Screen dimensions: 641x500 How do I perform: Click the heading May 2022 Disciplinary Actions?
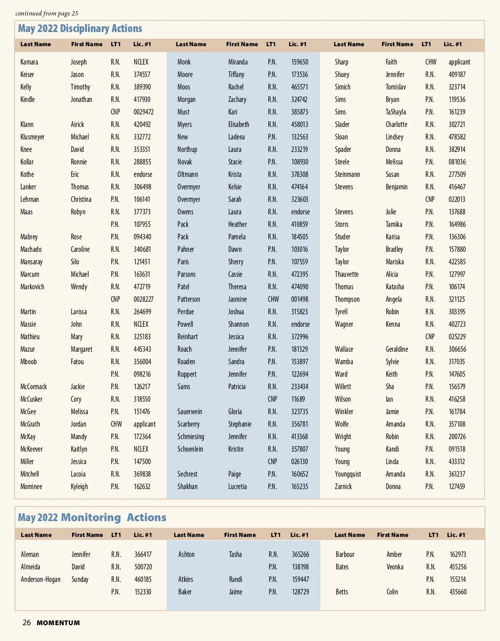pyautogui.click(x=80, y=29)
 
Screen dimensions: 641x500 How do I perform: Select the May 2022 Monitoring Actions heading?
pyautogui.click(x=92, y=517)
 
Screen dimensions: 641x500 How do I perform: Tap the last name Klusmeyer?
pyautogui.click(x=32, y=137)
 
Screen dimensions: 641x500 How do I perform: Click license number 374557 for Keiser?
pyautogui.click(x=142, y=75)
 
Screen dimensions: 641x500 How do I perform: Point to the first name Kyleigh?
pyautogui.click(x=79, y=487)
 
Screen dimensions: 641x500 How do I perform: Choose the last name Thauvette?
pyautogui.click(x=347, y=274)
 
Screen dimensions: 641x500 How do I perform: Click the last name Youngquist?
pyautogui.click(x=348, y=474)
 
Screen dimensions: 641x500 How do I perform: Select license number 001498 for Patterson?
pyautogui.click(x=300, y=299)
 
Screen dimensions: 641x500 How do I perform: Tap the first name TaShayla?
pyautogui.click(x=396, y=112)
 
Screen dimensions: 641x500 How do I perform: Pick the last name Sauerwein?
pyautogui.click(x=190, y=412)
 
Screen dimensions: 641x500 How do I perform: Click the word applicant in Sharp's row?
pyautogui.click(x=459, y=62)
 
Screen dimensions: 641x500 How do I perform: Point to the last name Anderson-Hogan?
pyautogui.click(x=41, y=579)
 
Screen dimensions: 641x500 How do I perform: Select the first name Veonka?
pyautogui.click(x=395, y=567)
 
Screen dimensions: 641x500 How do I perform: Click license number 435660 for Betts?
pyautogui.click(x=458, y=592)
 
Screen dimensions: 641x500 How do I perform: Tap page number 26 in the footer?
pyautogui.click(x=27, y=623)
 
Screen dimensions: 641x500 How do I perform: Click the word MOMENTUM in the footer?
pyautogui.click(x=58, y=623)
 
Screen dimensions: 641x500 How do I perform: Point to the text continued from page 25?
pyautogui.click(x=47, y=13)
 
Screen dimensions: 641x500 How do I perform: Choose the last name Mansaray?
pyautogui.click(x=32, y=262)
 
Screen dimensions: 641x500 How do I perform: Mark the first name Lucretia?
pyautogui.click(x=237, y=487)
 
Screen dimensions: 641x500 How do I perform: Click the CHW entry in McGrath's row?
pyautogui.click(x=116, y=424)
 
